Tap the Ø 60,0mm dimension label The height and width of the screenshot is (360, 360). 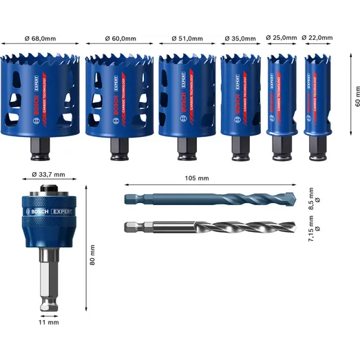pos(120,40)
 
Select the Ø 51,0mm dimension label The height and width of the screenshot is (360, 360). pos(188,40)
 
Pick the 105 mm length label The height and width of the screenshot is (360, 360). pos(197,178)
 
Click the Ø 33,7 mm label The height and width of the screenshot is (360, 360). pos(49,174)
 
